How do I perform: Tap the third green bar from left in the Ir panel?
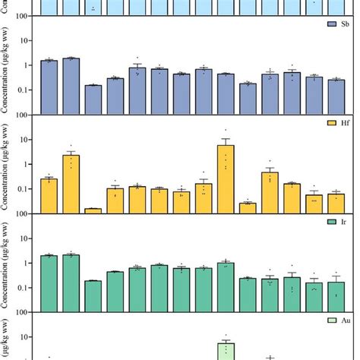coord(93,296)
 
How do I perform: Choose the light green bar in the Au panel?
coord(226,351)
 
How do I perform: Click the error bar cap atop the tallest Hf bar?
coord(226,139)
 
